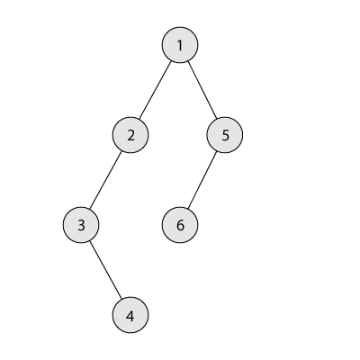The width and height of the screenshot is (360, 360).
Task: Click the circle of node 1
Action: pos(180,45)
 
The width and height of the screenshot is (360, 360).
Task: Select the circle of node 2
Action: pos(130,135)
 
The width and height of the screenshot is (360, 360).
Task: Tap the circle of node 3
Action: pos(81,225)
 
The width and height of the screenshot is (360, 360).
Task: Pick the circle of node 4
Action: pos(130,315)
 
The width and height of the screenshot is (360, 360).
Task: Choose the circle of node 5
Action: pos(225,135)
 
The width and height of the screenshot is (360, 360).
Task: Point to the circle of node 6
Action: pos(180,225)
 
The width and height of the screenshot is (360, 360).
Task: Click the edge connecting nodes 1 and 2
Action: pos(155,90)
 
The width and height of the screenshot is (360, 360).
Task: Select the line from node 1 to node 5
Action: pos(202,90)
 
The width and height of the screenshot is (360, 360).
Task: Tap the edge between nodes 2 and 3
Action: pos(105,180)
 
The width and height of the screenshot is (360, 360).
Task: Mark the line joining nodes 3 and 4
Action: pos(105,270)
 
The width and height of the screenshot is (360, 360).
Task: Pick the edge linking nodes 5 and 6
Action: pos(202,180)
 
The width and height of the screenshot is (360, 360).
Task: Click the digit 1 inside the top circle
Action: pos(180,46)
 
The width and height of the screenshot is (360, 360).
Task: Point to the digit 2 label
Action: pos(130,136)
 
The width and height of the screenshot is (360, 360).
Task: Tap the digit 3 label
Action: pos(81,226)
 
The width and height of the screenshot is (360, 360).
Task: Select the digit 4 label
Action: pos(130,316)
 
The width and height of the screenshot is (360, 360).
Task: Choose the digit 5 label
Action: pos(225,136)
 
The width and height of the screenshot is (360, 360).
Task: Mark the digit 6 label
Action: pos(180,226)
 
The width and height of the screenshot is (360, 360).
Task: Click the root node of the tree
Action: pos(180,45)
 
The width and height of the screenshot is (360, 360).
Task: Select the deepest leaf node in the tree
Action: pos(130,315)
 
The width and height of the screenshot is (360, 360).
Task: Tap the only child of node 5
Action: pos(180,225)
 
